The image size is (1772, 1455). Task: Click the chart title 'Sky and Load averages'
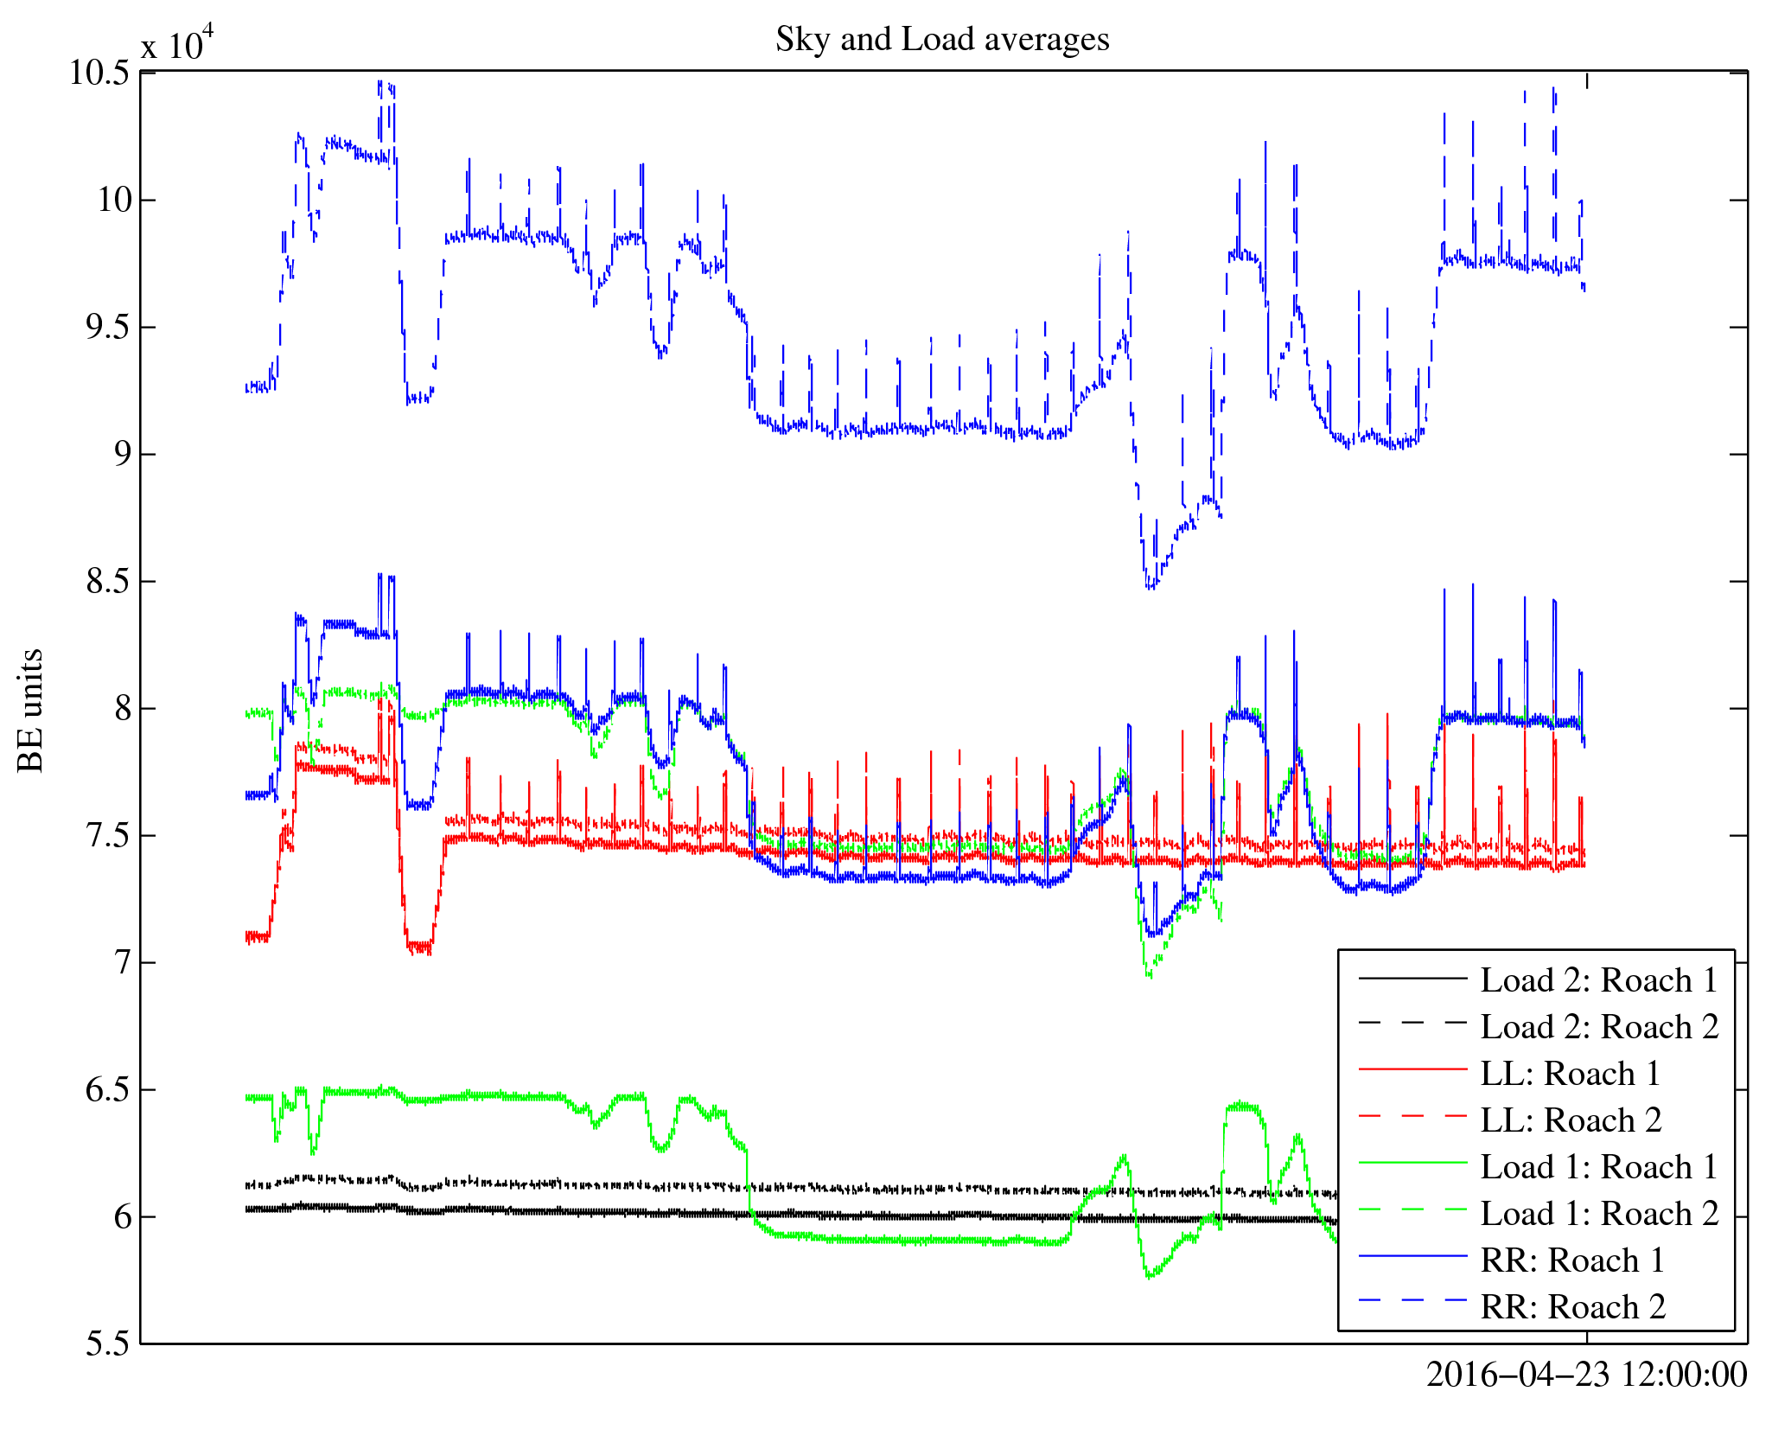[x=941, y=40]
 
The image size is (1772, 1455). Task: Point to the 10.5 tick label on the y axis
[x=99, y=73]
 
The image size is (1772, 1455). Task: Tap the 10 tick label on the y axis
[x=114, y=201]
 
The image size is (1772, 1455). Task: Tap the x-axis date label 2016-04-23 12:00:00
[x=1586, y=1375]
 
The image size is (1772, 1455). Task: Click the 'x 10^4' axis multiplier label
[x=176, y=43]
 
